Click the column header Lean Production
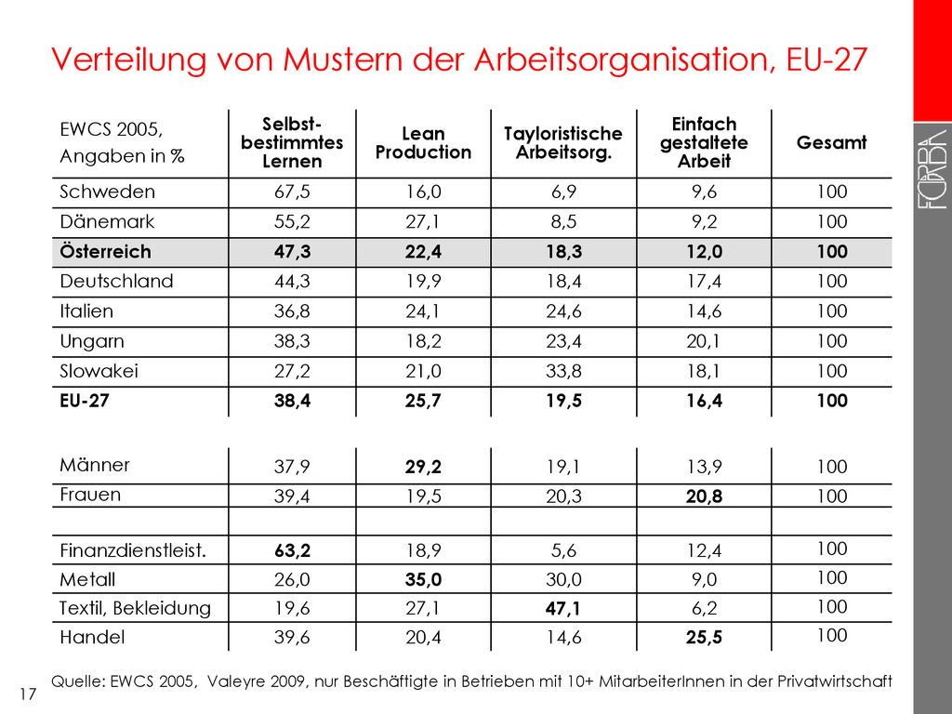[x=423, y=142]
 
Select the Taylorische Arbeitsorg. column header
[x=563, y=142]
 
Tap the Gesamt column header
[x=831, y=142]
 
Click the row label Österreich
[x=106, y=251]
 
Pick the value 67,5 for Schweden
[x=292, y=192]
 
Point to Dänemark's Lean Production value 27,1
[x=423, y=221]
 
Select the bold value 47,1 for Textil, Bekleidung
[x=563, y=608]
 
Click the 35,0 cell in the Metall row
[x=423, y=579]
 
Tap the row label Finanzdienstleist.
[x=133, y=550]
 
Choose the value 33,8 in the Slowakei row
[x=563, y=371]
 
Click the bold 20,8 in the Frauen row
[x=705, y=496]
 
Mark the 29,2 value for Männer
[x=423, y=467]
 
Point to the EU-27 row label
[x=85, y=401]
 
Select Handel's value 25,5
[x=705, y=638]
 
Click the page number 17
[x=28, y=694]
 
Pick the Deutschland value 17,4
[x=705, y=281]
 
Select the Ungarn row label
[x=92, y=341]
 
